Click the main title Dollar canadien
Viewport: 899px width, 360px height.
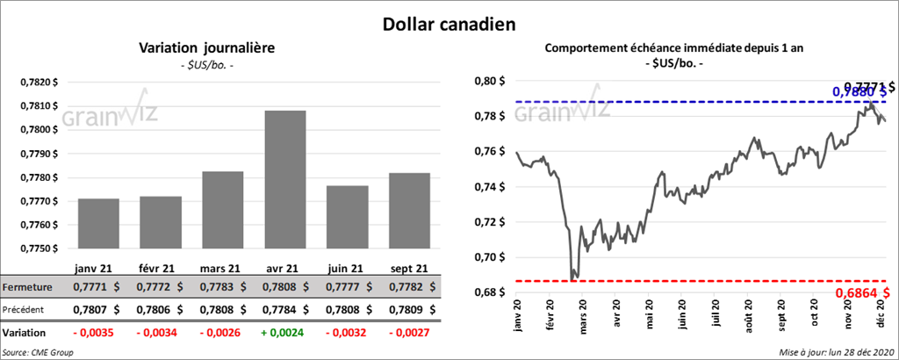coord(449,24)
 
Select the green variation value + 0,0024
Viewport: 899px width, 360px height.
coord(285,334)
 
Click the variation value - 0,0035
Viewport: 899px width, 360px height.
coord(99,334)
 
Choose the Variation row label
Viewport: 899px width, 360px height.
coord(25,334)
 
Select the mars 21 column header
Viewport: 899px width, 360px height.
coord(223,268)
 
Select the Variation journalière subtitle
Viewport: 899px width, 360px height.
coord(208,48)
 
